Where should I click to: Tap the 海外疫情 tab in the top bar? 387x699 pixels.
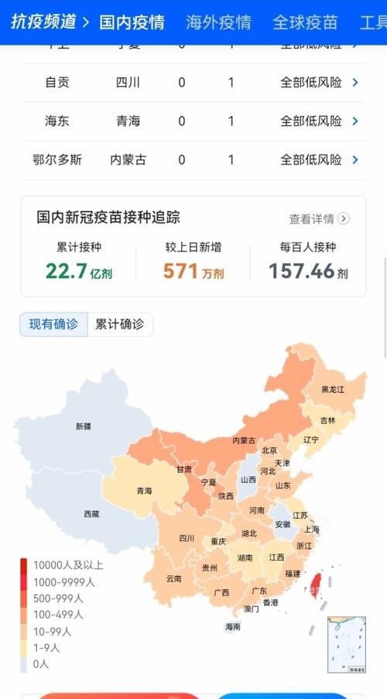tap(218, 22)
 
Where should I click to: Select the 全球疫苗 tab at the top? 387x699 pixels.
tap(305, 22)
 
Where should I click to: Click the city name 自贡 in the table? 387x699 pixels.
tap(57, 82)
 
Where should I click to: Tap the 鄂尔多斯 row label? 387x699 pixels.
tap(57, 159)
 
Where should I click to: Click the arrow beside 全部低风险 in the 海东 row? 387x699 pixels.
tap(355, 121)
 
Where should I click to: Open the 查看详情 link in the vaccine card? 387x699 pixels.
tap(319, 219)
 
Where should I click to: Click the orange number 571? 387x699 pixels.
tap(180, 271)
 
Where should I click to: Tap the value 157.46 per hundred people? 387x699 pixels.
tap(302, 271)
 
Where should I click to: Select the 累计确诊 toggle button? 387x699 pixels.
tap(120, 325)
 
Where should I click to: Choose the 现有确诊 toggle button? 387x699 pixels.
tap(53, 325)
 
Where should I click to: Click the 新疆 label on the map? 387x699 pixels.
tap(83, 426)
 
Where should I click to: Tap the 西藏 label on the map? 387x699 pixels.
tap(91, 513)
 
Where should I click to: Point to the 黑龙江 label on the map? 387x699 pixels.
tap(333, 388)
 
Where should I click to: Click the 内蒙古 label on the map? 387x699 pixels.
tap(244, 440)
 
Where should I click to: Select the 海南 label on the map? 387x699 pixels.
tap(233, 627)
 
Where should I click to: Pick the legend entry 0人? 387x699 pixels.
tap(40, 663)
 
